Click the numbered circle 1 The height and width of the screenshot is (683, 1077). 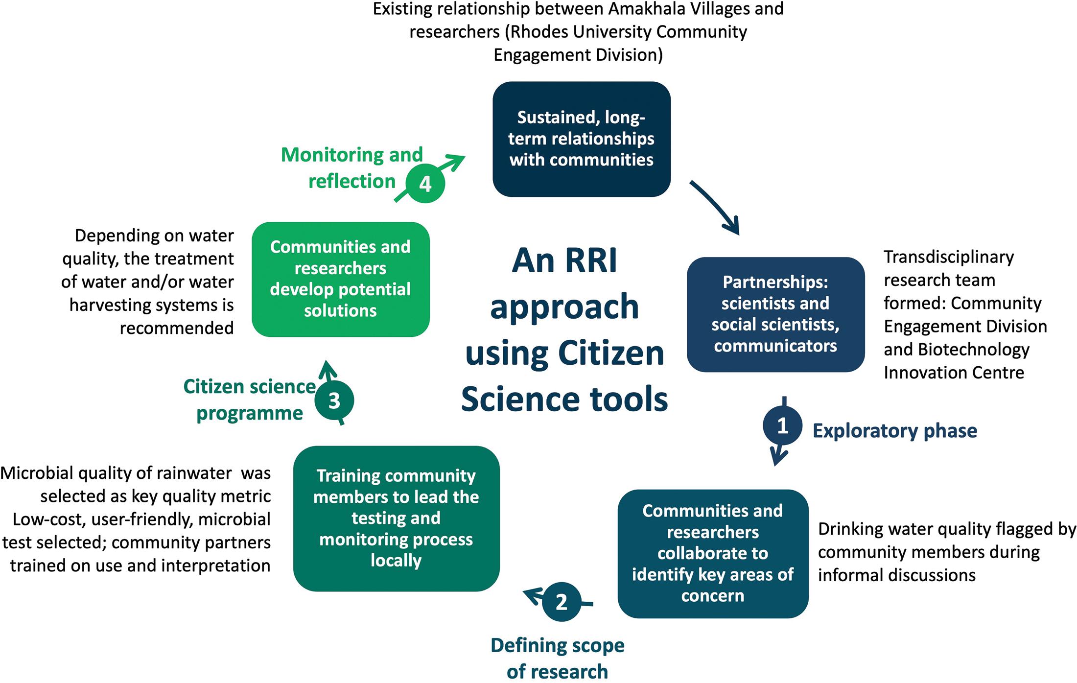[x=782, y=425]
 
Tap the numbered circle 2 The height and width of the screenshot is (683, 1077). [x=562, y=602]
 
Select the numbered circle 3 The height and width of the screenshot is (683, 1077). [x=334, y=400]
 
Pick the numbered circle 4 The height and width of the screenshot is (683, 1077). [x=425, y=184]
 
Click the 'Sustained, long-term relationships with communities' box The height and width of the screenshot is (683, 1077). [x=581, y=139]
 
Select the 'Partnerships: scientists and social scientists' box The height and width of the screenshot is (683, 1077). [x=775, y=314]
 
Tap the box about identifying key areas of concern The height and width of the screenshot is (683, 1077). [x=713, y=553]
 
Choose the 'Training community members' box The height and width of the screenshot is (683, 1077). [x=396, y=518]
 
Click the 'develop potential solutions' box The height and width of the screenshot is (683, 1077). [x=340, y=279]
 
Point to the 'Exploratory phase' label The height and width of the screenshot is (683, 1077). [x=895, y=431]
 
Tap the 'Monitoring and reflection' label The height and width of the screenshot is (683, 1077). [x=351, y=168]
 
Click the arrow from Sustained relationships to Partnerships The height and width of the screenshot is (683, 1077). [x=715, y=208]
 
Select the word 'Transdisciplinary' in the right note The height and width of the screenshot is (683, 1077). [x=949, y=257]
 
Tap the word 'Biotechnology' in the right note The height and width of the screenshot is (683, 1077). [x=974, y=350]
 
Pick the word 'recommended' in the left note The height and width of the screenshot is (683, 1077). [x=177, y=328]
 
